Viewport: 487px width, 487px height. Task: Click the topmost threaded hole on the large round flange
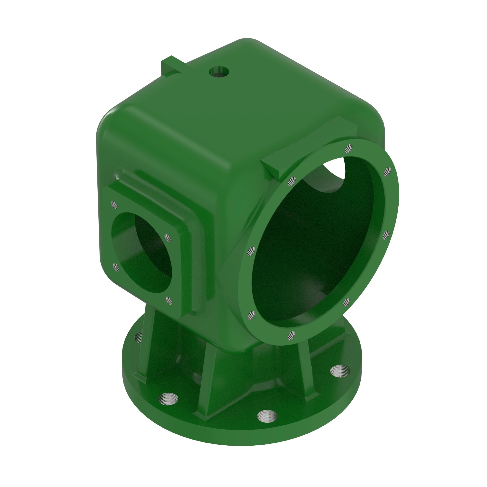349,148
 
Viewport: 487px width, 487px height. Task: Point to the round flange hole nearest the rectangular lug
292,180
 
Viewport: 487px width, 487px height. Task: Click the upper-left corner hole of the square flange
114,205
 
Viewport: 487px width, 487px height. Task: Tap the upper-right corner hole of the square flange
168,237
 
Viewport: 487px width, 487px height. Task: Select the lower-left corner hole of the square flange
116,267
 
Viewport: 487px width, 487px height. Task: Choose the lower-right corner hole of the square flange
169,300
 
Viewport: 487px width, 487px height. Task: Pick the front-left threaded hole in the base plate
168,399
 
